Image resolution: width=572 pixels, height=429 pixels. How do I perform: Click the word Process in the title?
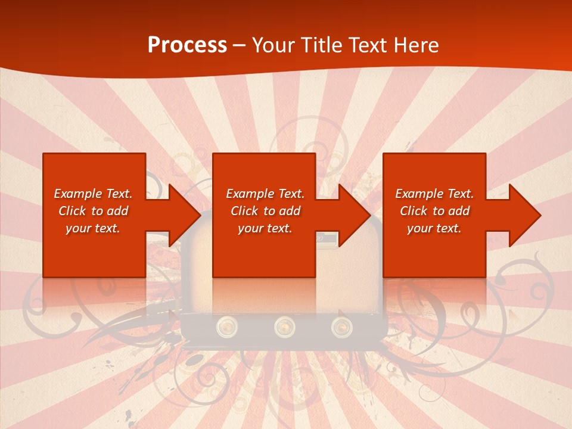point(187,45)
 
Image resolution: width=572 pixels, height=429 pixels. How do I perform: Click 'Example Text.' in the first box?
point(93,194)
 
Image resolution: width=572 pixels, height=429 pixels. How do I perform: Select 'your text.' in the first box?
point(93,228)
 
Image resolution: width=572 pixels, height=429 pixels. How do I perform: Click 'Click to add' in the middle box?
point(265,211)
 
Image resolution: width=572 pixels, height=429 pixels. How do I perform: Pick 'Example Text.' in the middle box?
point(265,194)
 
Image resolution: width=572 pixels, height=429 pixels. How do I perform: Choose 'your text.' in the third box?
point(434,228)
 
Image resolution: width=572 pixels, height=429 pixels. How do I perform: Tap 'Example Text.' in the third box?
point(434,194)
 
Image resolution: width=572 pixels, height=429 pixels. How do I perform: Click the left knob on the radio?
point(227,326)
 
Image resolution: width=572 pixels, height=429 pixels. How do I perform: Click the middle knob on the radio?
point(285,326)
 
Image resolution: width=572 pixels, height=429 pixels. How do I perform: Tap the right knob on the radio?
point(341,326)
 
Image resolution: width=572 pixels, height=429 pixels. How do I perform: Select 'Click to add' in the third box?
point(434,211)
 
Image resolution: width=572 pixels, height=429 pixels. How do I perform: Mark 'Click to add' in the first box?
point(93,211)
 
